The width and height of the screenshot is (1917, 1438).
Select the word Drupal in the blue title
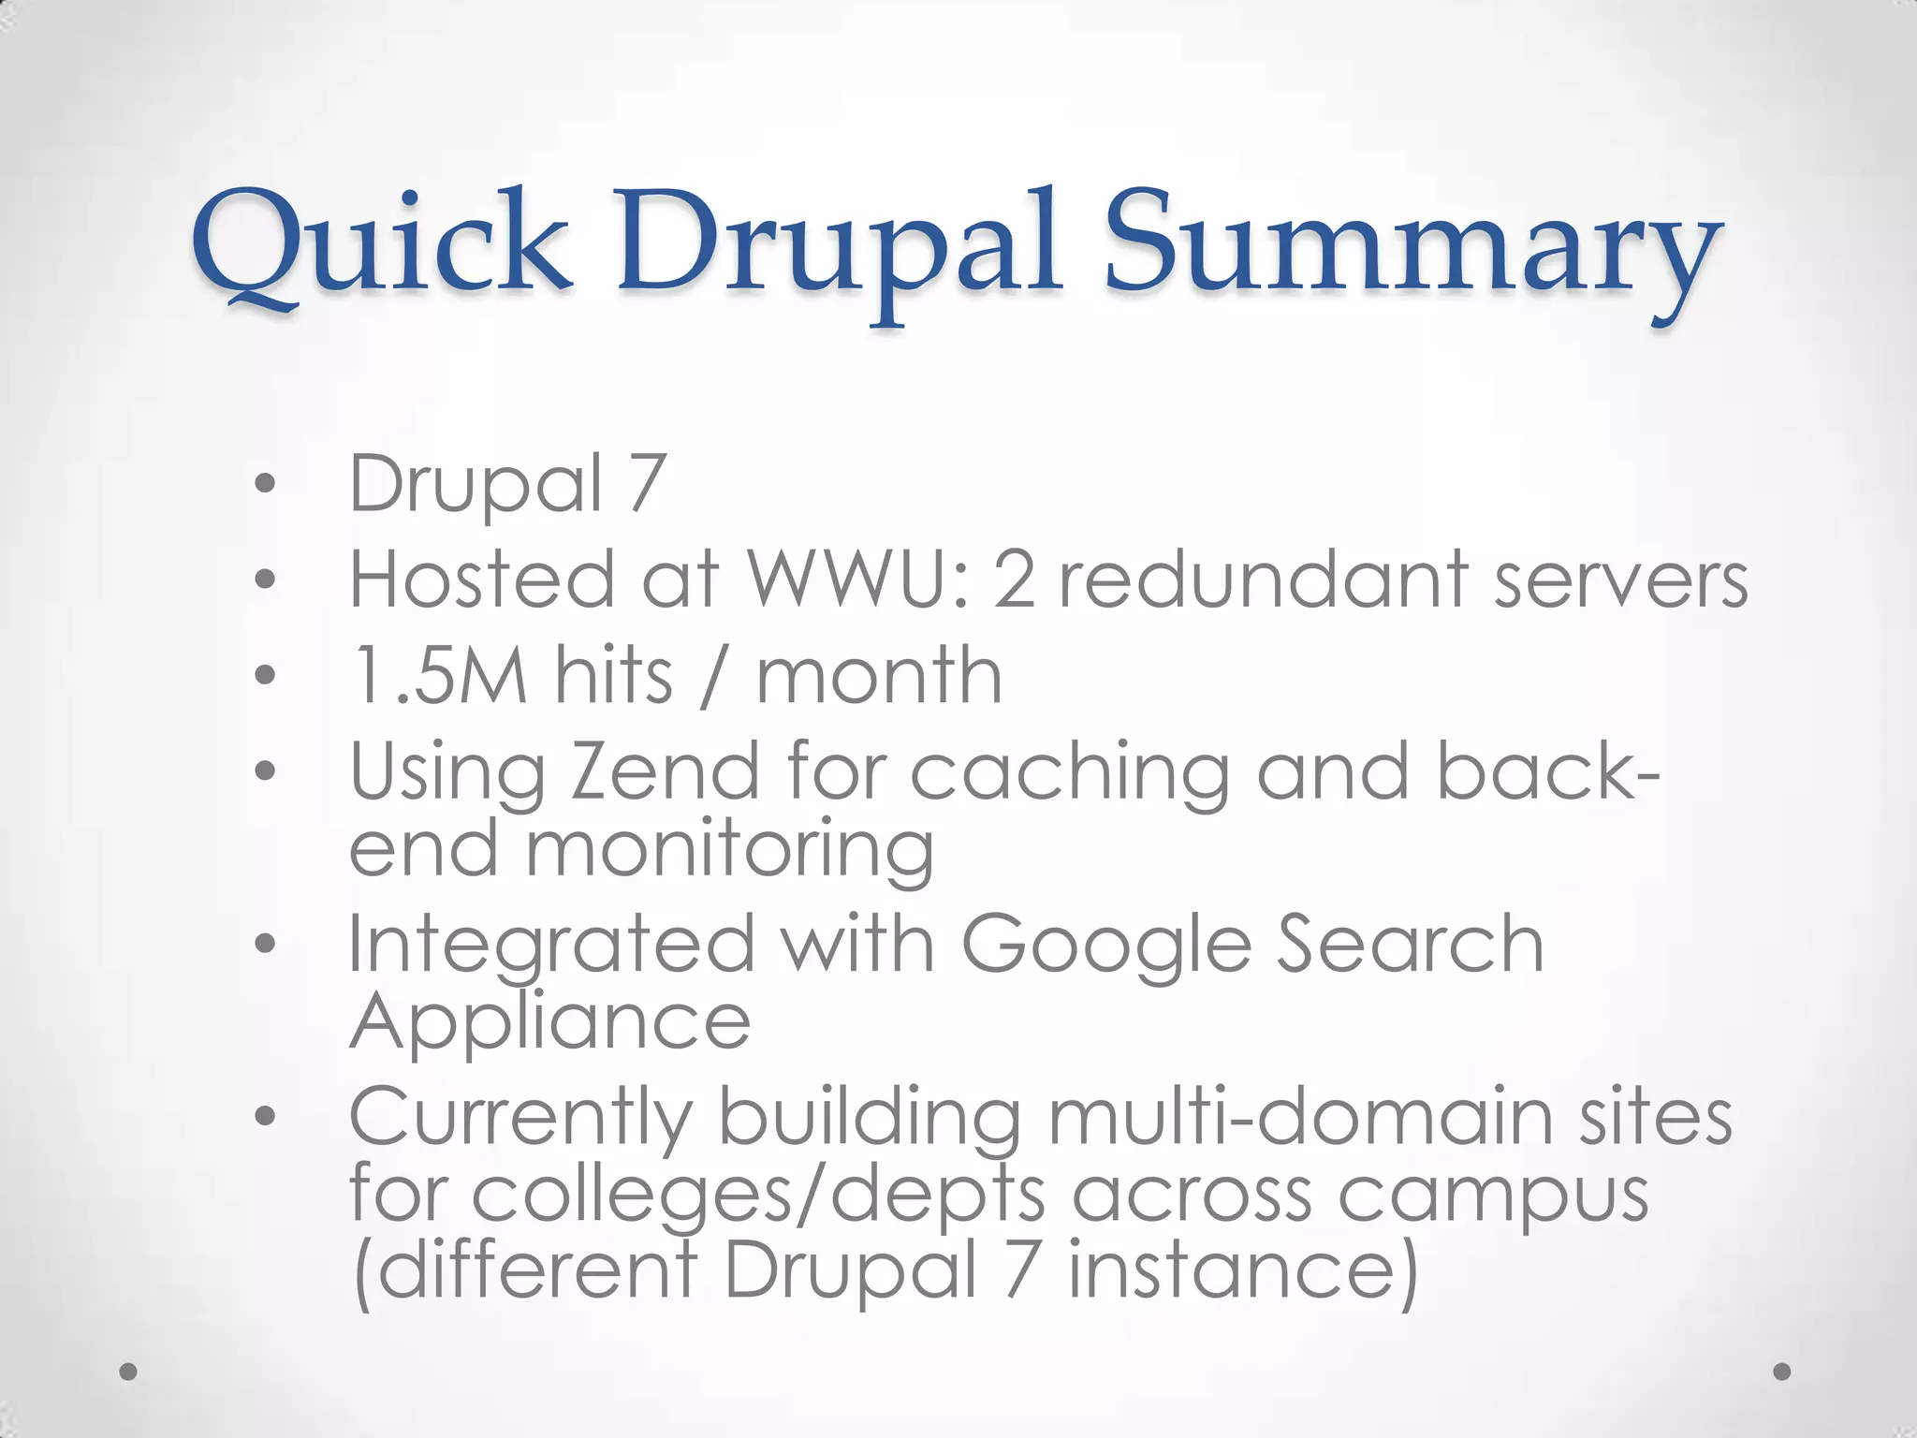[839, 245]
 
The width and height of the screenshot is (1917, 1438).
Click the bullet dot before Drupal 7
[266, 483]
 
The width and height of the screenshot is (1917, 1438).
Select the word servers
[1620, 580]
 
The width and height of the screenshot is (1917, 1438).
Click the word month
[879, 675]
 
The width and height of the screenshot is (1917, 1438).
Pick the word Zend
[665, 772]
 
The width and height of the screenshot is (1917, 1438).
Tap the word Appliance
[549, 1022]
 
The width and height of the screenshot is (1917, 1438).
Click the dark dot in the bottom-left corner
[129, 1371]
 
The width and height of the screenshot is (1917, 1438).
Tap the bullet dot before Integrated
[266, 943]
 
